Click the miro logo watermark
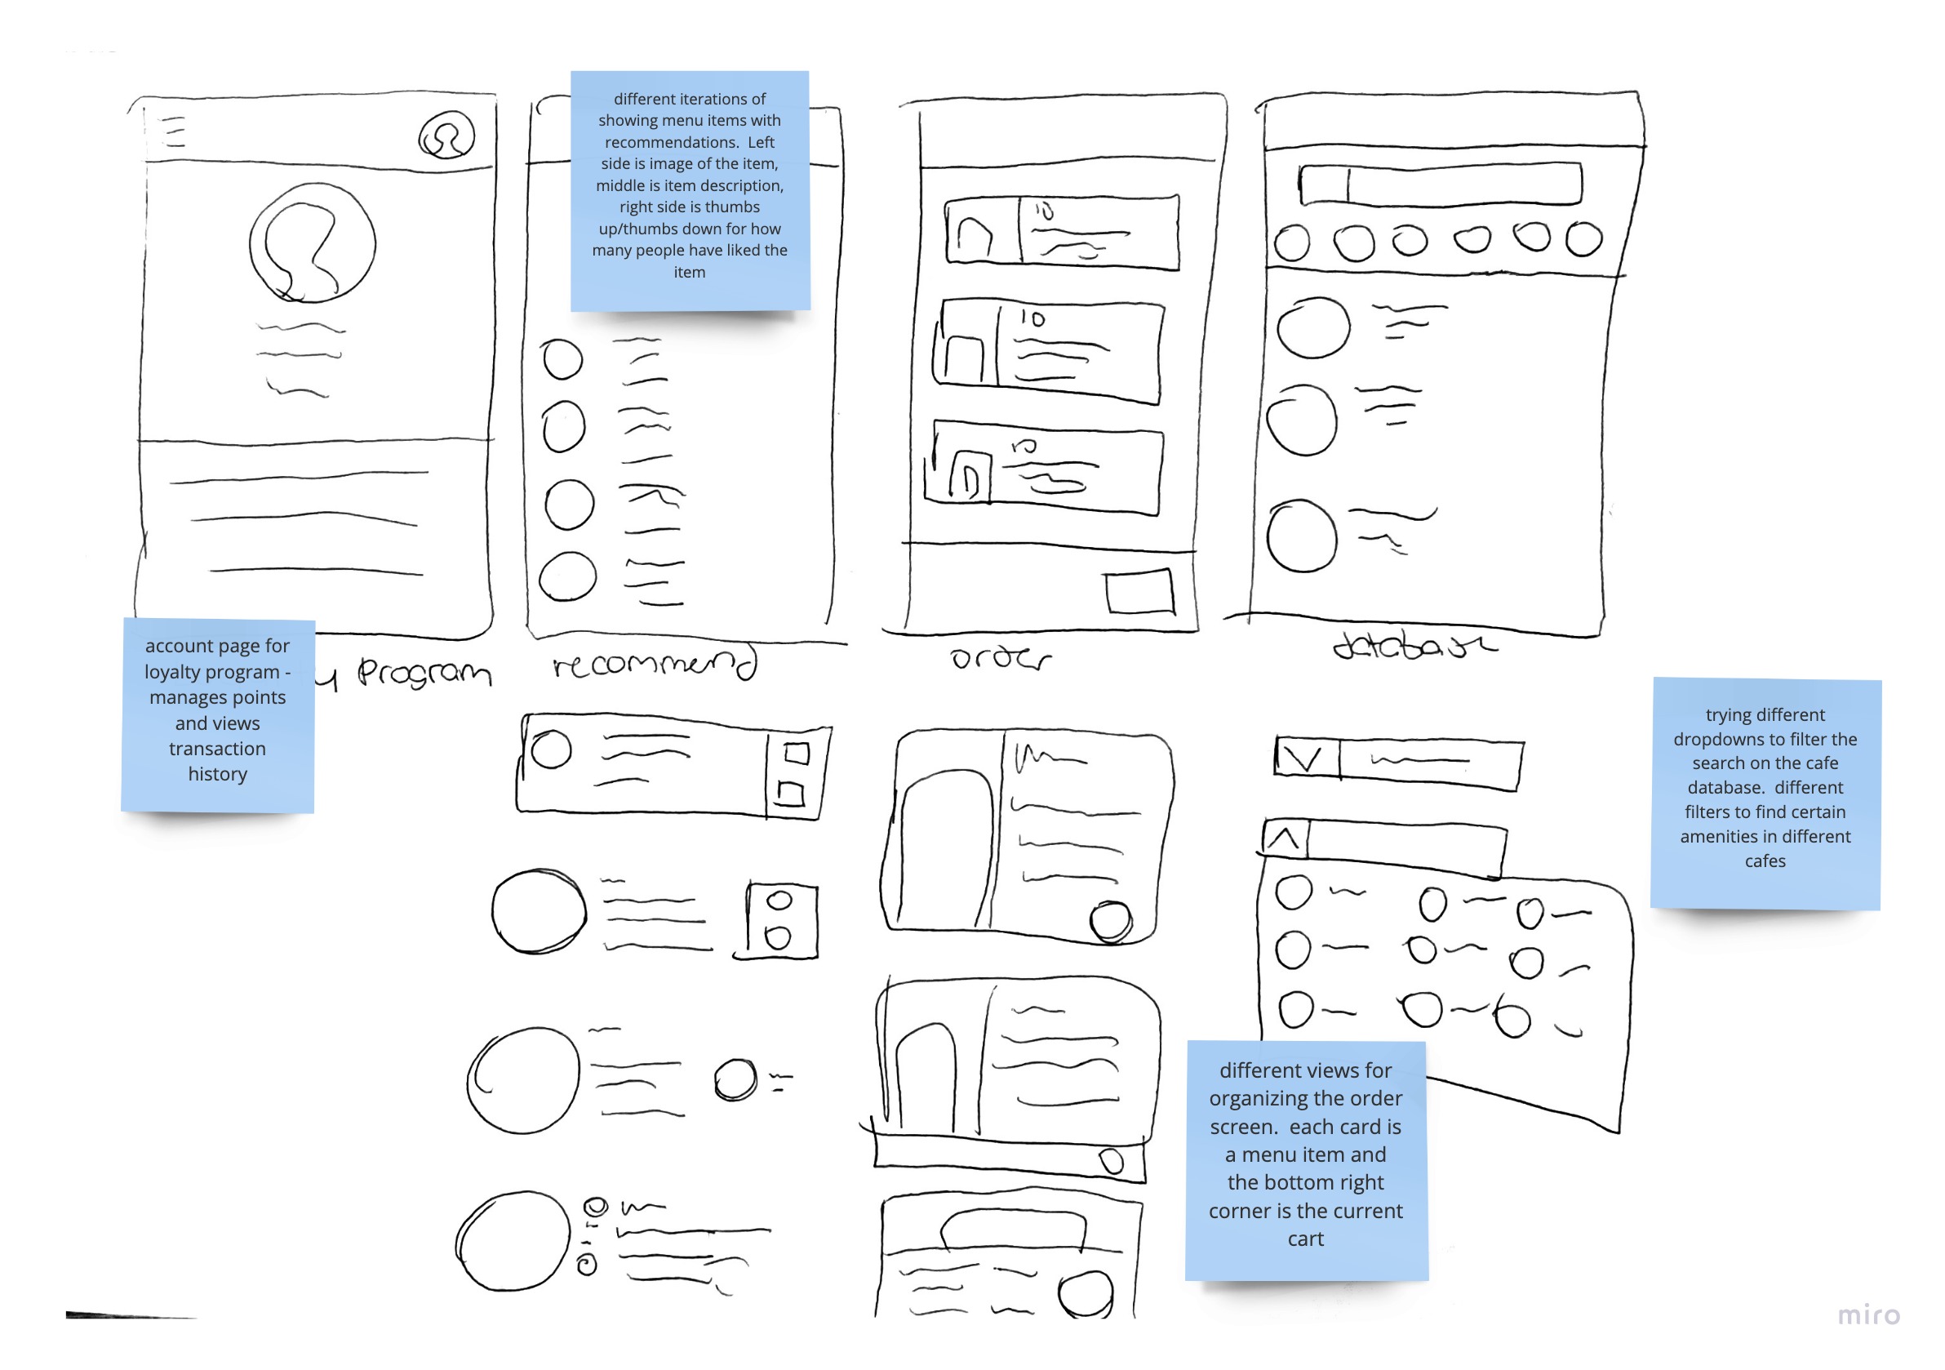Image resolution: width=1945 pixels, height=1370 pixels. [x=1868, y=1315]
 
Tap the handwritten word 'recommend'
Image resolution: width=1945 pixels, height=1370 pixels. [x=653, y=664]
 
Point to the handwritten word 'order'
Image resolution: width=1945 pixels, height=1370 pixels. [x=1000, y=658]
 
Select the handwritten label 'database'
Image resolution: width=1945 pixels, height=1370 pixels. [x=1413, y=647]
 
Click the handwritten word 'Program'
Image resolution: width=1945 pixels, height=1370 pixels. [x=424, y=673]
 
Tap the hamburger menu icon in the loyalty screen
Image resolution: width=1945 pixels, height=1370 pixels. [x=175, y=133]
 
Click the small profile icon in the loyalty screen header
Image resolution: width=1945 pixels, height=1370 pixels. [x=446, y=136]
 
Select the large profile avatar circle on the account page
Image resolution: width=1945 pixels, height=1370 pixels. [x=313, y=244]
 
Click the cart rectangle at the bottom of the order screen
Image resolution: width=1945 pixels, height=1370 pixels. [x=1140, y=591]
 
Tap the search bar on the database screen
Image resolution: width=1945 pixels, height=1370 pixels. [x=1440, y=184]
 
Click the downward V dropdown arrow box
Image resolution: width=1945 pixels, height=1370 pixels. [x=1307, y=758]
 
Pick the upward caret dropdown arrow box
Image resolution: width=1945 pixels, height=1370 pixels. [x=1285, y=838]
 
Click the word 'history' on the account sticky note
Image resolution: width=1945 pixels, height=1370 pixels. [x=218, y=773]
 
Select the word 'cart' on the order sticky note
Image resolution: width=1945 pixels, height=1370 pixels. [x=1305, y=1239]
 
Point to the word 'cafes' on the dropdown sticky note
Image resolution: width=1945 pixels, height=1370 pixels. [x=1765, y=861]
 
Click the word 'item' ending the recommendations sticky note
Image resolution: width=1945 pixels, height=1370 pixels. [x=689, y=272]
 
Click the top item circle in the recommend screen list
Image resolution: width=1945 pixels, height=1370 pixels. [x=562, y=359]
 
